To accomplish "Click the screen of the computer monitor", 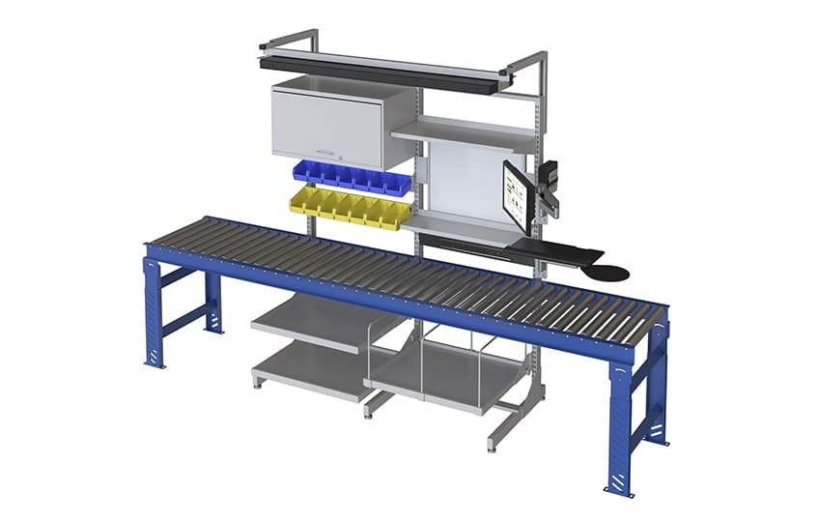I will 514,196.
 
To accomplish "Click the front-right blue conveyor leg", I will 619,425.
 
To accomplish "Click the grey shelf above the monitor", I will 464,130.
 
